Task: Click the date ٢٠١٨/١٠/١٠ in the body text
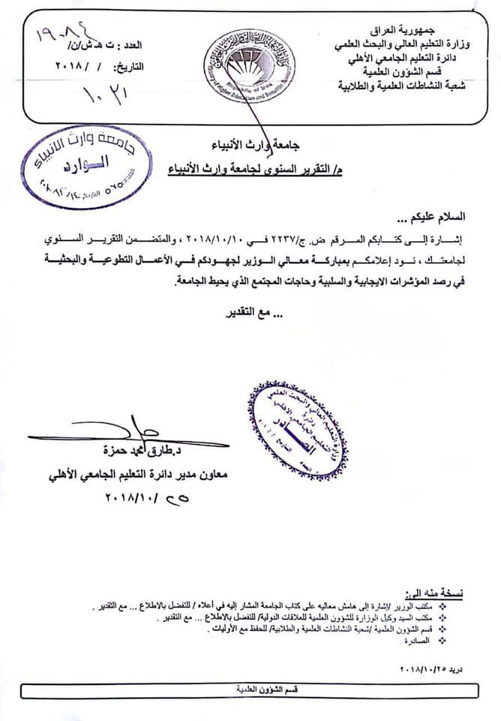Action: pos(273,240)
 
